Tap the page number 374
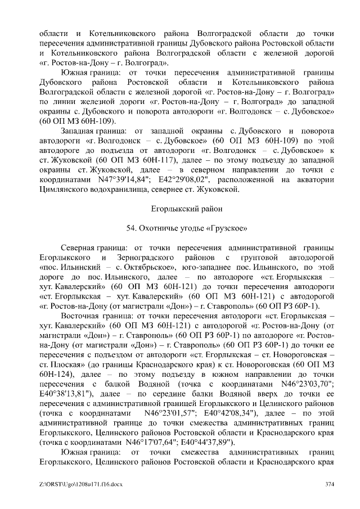coord(330,484)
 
